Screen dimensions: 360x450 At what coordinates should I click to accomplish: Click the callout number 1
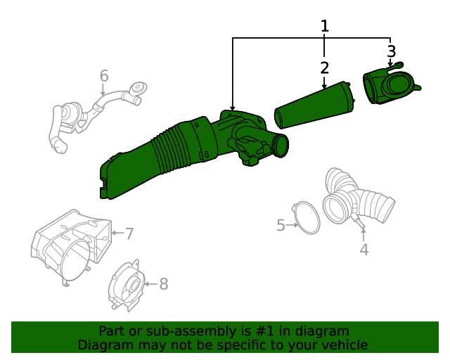324,26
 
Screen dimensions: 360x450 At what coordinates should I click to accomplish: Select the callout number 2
324,67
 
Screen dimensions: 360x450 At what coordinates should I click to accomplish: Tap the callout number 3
392,51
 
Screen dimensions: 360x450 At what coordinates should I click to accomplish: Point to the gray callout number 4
364,250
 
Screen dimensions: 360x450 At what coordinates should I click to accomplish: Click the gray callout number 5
281,225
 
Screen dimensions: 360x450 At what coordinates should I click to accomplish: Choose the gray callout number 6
104,75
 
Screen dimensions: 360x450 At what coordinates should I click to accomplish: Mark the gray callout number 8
163,283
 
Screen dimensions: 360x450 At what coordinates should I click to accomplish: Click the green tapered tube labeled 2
314,106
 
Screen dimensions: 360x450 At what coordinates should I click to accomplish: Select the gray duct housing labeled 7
69,243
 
